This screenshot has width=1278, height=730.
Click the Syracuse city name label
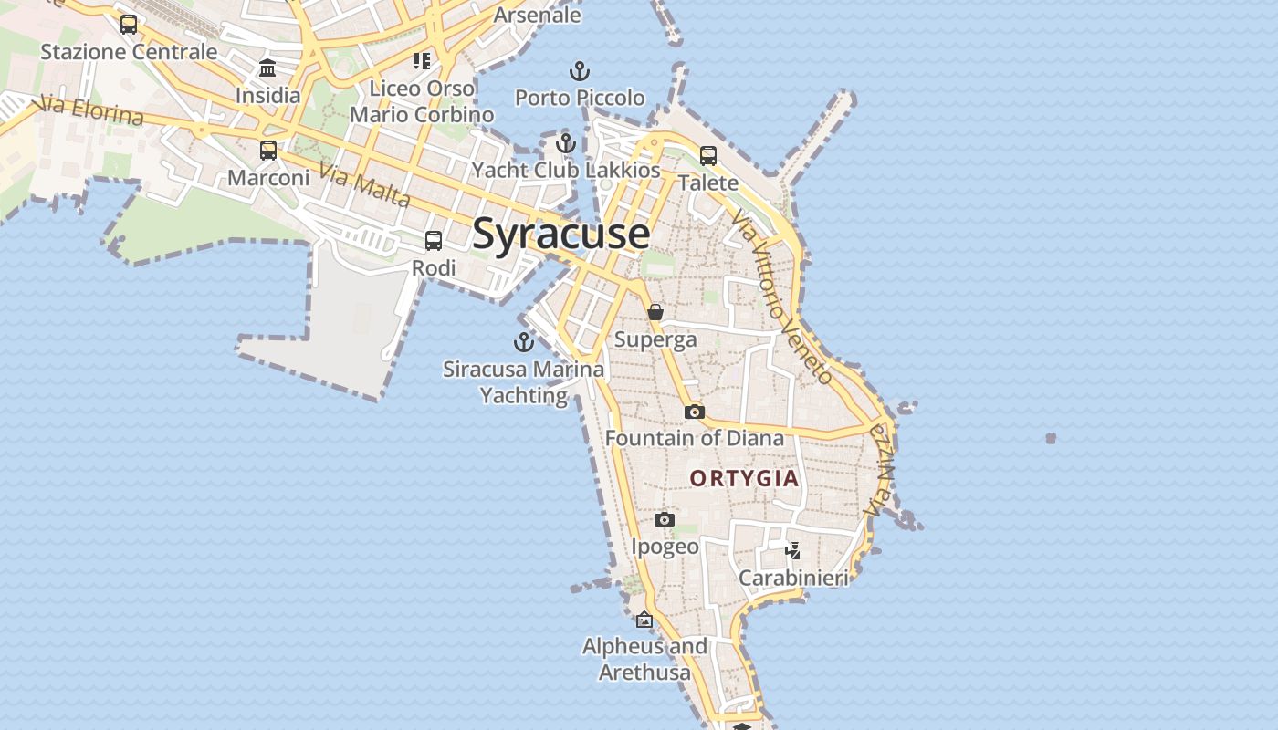point(560,234)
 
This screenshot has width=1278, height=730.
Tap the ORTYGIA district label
point(744,478)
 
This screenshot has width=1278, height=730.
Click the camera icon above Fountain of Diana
point(695,412)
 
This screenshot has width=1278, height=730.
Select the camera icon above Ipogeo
point(665,520)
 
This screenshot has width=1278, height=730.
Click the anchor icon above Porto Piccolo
point(579,71)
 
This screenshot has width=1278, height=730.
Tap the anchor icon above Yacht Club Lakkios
point(566,143)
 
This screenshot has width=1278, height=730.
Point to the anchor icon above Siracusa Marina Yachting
point(524,343)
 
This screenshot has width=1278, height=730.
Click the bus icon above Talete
point(708,156)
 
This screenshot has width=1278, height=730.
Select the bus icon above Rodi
point(434,241)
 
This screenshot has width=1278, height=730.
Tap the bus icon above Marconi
point(268,151)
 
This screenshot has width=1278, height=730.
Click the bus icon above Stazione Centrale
point(129,25)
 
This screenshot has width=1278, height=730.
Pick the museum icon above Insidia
point(267,68)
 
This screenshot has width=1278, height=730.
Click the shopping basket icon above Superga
point(655,312)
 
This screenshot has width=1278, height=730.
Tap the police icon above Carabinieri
point(793,550)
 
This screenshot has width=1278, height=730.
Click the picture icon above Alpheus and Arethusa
point(644,620)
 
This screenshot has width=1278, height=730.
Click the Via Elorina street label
point(91,111)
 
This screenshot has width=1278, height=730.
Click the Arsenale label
point(537,15)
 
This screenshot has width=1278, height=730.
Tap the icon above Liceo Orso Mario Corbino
point(421,61)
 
